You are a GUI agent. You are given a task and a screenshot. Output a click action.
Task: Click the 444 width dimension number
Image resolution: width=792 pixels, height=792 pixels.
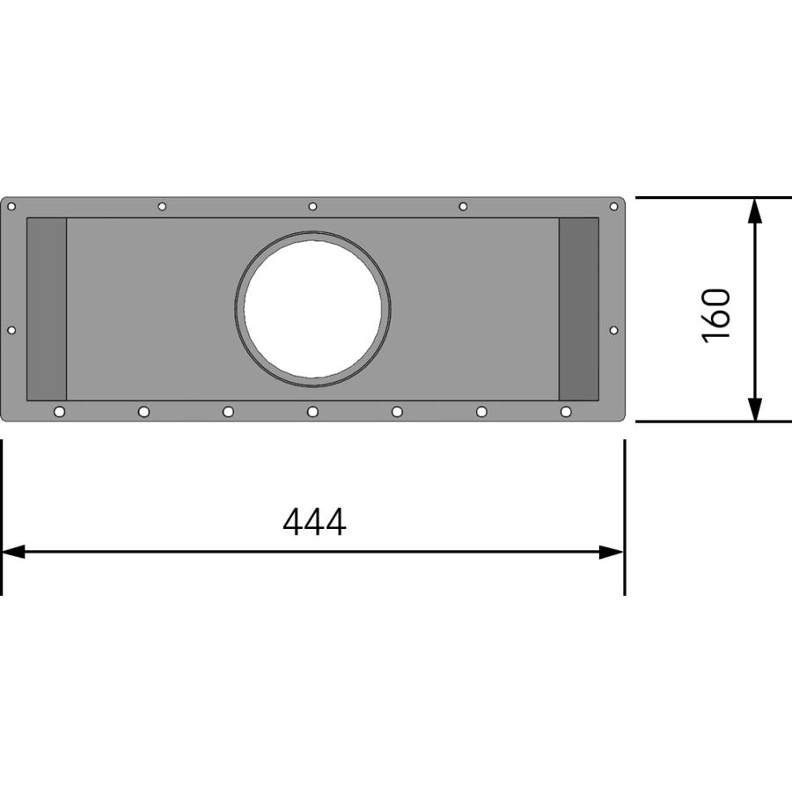pos(314,522)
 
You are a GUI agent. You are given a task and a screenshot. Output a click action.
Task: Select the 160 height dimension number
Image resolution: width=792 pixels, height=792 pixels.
pos(717,314)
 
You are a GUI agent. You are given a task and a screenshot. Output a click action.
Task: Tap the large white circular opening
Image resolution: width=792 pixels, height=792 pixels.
pos(312,309)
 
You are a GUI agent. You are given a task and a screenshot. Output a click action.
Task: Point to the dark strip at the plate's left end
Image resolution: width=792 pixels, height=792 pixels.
pos(47,309)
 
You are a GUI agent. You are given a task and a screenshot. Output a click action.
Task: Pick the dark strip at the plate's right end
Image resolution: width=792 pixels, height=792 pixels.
pos(578,309)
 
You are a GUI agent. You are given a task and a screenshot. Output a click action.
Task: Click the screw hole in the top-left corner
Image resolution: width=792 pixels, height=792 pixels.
pos(11,207)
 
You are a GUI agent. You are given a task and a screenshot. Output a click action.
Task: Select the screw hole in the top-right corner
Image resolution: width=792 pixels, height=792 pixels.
pos(614,207)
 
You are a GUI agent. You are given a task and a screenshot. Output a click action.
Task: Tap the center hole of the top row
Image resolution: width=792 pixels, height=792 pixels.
pos(312,207)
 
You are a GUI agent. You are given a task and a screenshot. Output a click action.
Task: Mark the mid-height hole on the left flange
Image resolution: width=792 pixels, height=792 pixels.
pos(11,330)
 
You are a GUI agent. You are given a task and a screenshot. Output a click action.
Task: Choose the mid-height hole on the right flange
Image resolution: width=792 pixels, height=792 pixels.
pos(614,330)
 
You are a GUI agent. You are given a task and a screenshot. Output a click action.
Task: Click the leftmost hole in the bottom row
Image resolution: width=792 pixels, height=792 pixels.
pos(59,412)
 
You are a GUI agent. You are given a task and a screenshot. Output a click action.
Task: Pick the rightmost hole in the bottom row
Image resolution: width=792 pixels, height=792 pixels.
pos(566,412)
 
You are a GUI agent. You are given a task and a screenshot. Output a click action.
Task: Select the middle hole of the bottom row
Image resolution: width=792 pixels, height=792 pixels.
pos(312,412)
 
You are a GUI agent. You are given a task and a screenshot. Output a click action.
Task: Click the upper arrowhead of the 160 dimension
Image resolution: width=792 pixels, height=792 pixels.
pos(754,209)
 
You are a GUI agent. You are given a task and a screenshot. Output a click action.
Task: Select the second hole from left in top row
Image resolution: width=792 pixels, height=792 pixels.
pos(162,207)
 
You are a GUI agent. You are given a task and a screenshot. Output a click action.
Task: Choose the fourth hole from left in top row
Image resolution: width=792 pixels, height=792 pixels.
pos(463,207)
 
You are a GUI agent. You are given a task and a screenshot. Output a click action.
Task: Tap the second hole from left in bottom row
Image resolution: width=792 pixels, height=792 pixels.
pos(143,412)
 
